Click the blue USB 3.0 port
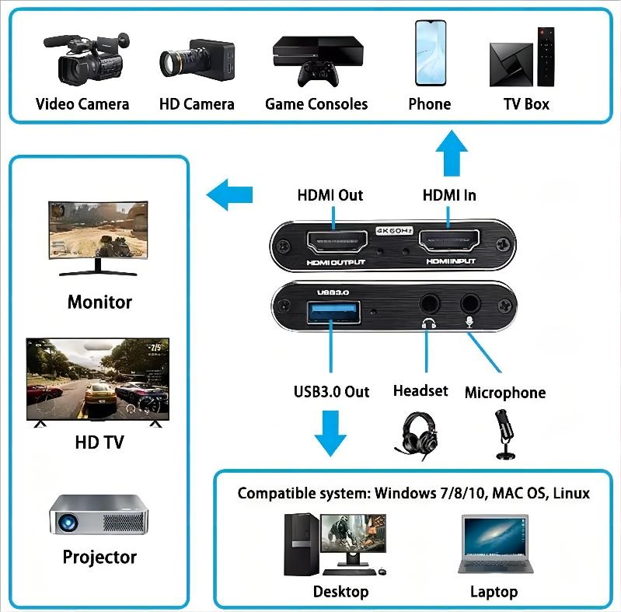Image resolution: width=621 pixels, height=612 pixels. point(334,312)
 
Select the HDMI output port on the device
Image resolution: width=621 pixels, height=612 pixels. point(337,242)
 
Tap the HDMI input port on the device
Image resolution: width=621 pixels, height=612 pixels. point(449,240)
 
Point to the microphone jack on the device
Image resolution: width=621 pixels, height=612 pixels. point(470,304)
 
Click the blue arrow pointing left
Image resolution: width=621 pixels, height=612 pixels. point(229,194)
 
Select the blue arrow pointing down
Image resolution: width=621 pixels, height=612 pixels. point(330,433)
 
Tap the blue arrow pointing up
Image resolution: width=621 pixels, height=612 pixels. point(452,153)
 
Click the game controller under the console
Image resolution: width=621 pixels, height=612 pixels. point(318,74)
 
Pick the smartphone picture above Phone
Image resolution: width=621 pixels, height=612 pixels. point(431,53)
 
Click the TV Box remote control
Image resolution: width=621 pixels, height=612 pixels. point(546,56)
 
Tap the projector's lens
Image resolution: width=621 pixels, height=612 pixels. point(68,522)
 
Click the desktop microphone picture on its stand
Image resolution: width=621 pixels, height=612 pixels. point(504,435)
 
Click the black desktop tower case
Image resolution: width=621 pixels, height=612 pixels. point(302,544)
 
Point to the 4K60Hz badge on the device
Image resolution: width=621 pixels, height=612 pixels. point(394,231)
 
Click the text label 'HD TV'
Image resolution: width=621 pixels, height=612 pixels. point(99,442)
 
